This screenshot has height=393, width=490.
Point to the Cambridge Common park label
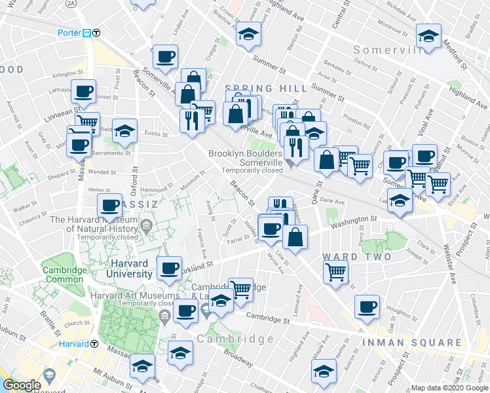(x=64, y=274)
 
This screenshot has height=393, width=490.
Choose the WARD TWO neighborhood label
(x=356, y=257)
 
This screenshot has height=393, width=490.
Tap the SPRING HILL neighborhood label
(x=266, y=88)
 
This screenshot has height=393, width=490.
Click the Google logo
(x=22, y=385)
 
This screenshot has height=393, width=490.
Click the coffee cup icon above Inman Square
(x=367, y=306)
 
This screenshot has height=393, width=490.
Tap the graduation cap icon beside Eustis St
(x=124, y=130)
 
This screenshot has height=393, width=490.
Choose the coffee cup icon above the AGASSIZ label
(x=110, y=205)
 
